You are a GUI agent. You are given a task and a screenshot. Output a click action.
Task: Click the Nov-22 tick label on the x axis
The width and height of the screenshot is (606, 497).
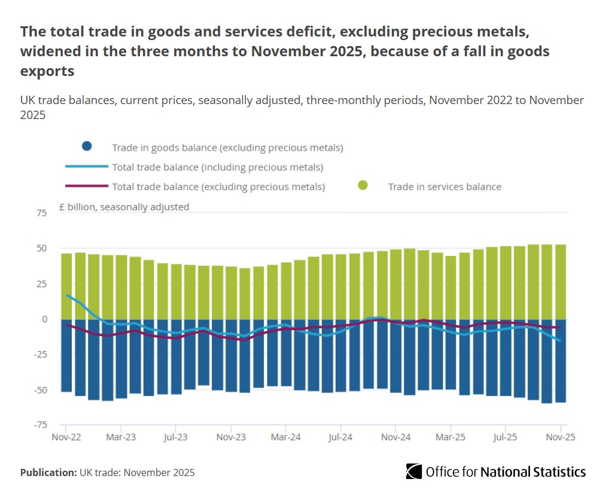(x=66, y=437)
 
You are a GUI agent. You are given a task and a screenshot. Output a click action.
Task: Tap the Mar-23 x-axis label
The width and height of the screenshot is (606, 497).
(x=121, y=437)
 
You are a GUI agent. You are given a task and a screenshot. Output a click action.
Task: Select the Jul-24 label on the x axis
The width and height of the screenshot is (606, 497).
(x=340, y=437)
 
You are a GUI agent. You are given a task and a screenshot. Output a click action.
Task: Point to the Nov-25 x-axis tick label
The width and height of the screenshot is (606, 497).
(x=561, y=437)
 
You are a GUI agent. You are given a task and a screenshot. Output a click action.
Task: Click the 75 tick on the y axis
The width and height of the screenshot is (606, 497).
(x=41, y=213)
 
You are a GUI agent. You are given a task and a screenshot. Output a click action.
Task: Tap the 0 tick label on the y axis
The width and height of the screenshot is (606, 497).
(x=44, y=319)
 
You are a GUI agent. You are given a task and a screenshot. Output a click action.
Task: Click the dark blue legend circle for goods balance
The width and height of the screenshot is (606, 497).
(x=87, y=147)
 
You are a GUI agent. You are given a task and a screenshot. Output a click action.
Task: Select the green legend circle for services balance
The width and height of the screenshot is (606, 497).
(x=362, y=186)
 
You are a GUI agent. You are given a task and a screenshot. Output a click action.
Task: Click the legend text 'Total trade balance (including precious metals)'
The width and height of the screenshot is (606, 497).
(x=218, y=167)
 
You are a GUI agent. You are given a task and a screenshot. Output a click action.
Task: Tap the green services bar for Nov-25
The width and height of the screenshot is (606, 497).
(x=561, y=281)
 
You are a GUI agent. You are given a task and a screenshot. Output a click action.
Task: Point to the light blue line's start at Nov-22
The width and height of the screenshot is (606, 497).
(x=67, y=295)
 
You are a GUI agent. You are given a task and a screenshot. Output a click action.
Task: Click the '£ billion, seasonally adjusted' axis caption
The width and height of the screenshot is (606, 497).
(x=124, y=207)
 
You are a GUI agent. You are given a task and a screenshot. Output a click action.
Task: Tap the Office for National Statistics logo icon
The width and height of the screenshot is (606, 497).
(x=413, y=471)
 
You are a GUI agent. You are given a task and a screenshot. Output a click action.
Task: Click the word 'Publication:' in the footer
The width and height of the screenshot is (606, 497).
(x=48, y=472)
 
